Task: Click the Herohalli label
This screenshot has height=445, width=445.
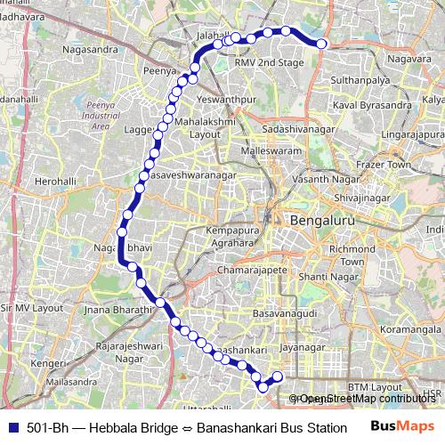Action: [55, 181]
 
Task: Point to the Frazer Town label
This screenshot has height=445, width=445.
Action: [384, 166]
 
